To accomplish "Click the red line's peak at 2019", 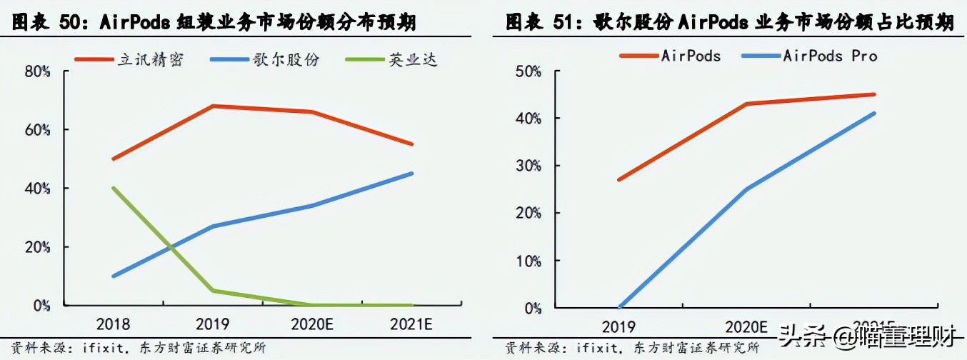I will coord(213,106).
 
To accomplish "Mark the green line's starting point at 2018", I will coord(113,188).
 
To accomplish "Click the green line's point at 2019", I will coord(213,291).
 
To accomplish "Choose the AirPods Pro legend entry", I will coord(830,56).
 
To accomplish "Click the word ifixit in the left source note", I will coord(93,348).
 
